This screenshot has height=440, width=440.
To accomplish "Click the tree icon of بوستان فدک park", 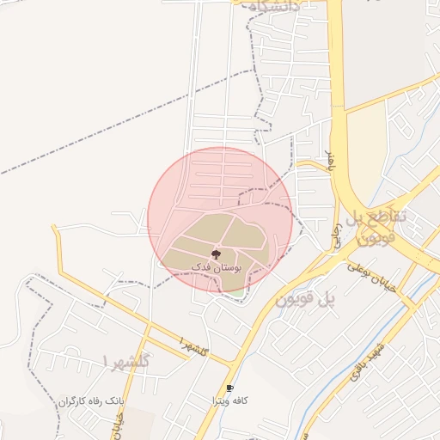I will pos(216,254).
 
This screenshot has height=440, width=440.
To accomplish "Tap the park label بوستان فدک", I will pos(217,267).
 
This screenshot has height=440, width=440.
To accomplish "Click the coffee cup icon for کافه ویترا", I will pos(229,388).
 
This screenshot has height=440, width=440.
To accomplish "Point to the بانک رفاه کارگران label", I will pos(92,401).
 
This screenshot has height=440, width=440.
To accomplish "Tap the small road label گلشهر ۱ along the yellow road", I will pos(195,347).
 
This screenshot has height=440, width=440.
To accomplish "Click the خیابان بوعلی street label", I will pos(371,277).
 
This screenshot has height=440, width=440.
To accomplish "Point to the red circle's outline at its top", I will pos(221,147).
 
